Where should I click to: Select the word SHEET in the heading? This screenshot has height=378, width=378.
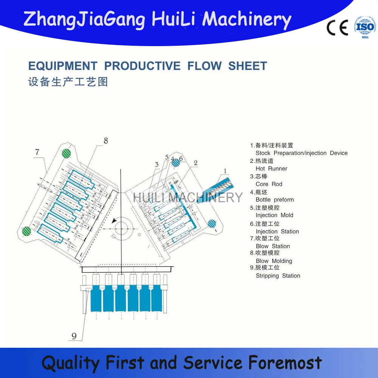[x=248, y=66]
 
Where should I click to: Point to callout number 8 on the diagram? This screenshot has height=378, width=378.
[x=105, y=141]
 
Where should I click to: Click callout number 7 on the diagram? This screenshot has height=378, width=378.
[x=37, y=152]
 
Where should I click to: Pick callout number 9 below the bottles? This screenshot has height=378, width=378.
[x=74, y=336]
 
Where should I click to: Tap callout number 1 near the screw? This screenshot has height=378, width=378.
[x=225, y=171]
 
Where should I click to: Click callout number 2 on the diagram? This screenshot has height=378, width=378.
[x=195, y=163]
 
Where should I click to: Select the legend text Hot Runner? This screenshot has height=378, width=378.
[x=271, y=169]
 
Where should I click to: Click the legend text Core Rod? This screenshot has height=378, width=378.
[x=269, y=184]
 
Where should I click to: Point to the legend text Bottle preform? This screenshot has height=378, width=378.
[x=274, y=200]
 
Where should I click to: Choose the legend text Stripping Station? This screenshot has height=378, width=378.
[x=278, y=276]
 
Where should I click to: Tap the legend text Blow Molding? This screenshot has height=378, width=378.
[x=274, y=261]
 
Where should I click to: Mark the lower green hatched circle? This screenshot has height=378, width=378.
[x=26, y=230]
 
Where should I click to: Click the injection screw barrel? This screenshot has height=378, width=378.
[x=218, y=190]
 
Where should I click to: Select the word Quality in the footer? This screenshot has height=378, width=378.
[x=70, y=363]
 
